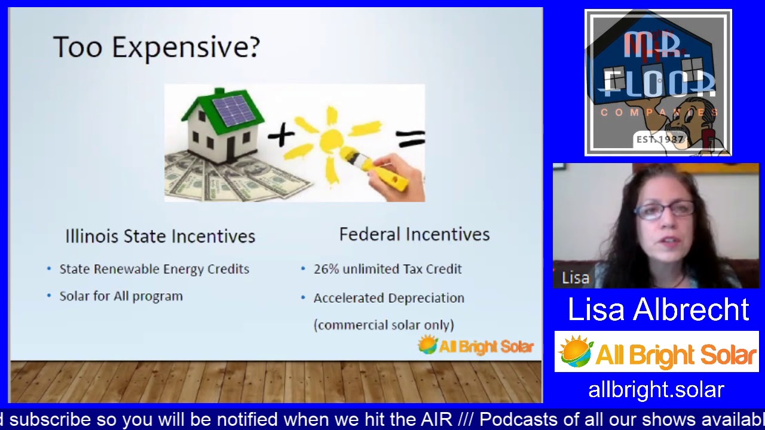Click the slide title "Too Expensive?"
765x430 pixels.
click(156, 47)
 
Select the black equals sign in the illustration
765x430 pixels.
click(410, 139)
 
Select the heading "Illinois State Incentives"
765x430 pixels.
click(160, 236)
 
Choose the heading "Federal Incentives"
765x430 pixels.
click(414, 235)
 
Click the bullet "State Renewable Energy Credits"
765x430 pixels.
click(154, 269)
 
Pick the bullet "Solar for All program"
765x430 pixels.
click(121, 296)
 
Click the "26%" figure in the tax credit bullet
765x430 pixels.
click(326, 269)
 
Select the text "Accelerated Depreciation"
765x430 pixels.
click(388, 298)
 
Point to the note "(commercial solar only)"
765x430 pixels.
click(384, 325)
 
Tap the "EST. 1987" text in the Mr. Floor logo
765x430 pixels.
click(659, 139)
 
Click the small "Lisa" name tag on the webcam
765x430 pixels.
click(575, 278)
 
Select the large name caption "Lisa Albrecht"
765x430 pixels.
click(657, 309)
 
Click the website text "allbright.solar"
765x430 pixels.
click(656, 390)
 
